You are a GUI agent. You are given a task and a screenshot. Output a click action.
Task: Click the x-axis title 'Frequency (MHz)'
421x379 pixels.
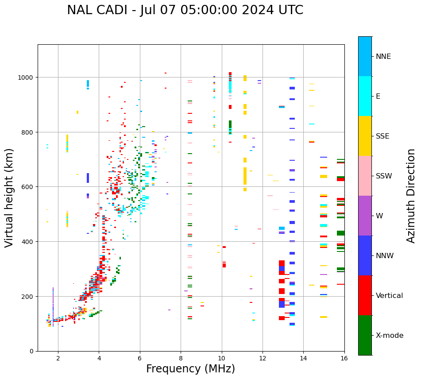coord(190,369)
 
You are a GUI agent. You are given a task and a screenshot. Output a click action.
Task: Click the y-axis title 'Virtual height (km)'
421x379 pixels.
coord(9,197)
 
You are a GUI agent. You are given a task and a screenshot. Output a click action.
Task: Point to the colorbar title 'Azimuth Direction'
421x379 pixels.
coord(411,196)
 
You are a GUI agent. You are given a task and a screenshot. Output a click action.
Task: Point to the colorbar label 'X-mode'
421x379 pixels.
coord(390,336)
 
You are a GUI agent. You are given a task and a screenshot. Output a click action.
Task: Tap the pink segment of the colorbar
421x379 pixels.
coord(365,176)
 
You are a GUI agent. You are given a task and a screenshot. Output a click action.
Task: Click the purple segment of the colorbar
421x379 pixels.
coord(365,216)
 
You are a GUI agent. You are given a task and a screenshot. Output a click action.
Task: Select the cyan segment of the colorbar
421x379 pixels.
coord(365,96)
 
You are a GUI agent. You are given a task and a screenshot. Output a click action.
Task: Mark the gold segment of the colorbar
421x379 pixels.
coord(365,136)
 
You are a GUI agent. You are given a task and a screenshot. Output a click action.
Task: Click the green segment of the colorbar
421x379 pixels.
coord(365,335)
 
